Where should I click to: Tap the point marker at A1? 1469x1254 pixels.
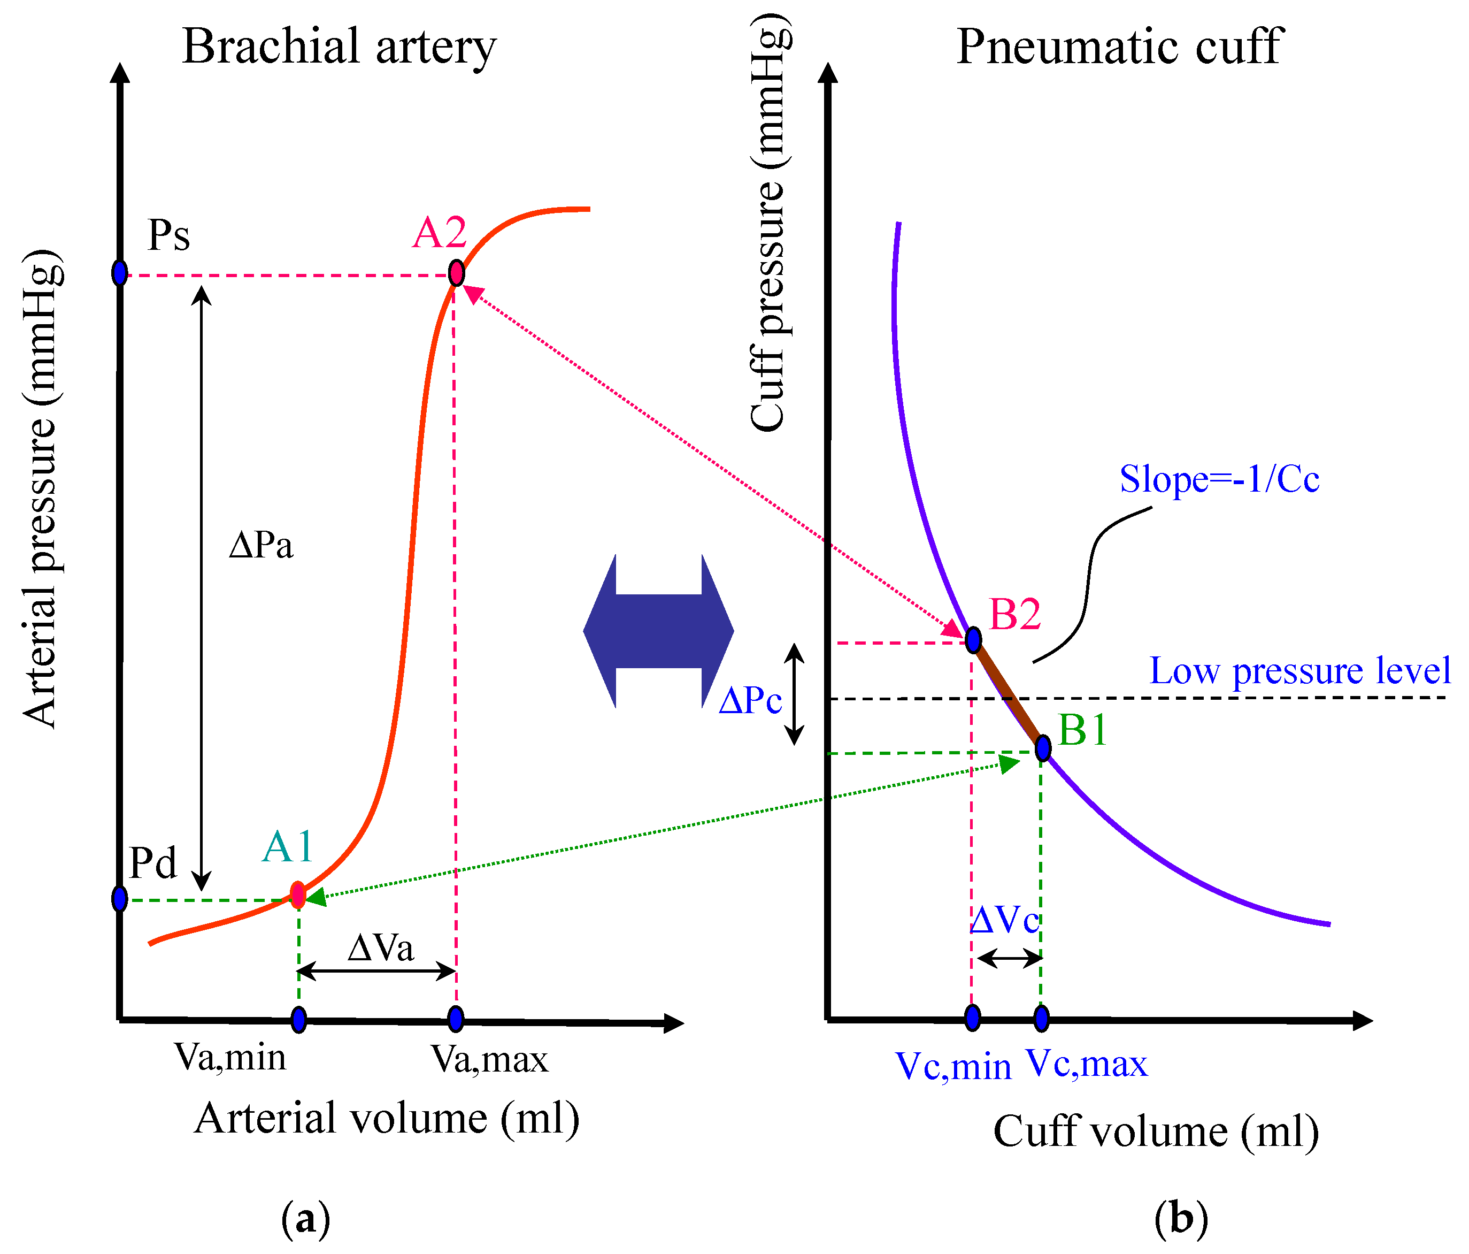coord(298,895)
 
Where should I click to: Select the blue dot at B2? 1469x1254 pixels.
coord(973,640)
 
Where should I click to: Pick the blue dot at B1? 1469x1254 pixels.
coord(1042,747)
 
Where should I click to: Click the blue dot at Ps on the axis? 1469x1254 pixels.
coord(120,272)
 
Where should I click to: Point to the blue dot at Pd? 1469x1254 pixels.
coord(120,899)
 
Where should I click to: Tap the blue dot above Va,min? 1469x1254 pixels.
coord(298,1020)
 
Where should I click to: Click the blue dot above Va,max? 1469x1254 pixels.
coord(456,1019)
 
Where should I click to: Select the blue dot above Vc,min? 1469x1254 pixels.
coord(973,1018)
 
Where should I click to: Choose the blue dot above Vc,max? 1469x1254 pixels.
coord(1041,1019)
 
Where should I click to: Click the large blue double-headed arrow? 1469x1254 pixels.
coord(658,631)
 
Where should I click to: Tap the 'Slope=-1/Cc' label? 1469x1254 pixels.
coord(1219,479)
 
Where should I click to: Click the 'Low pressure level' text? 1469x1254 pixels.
coord(1299,671)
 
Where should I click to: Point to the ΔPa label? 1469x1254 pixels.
coord(261,546)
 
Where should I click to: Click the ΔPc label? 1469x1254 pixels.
coord(750,701)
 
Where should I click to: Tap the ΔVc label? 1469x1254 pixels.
coord(1005,921)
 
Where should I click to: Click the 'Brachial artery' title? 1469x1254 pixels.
coord(339,47)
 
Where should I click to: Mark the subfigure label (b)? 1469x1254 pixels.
coord(1180,1219)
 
